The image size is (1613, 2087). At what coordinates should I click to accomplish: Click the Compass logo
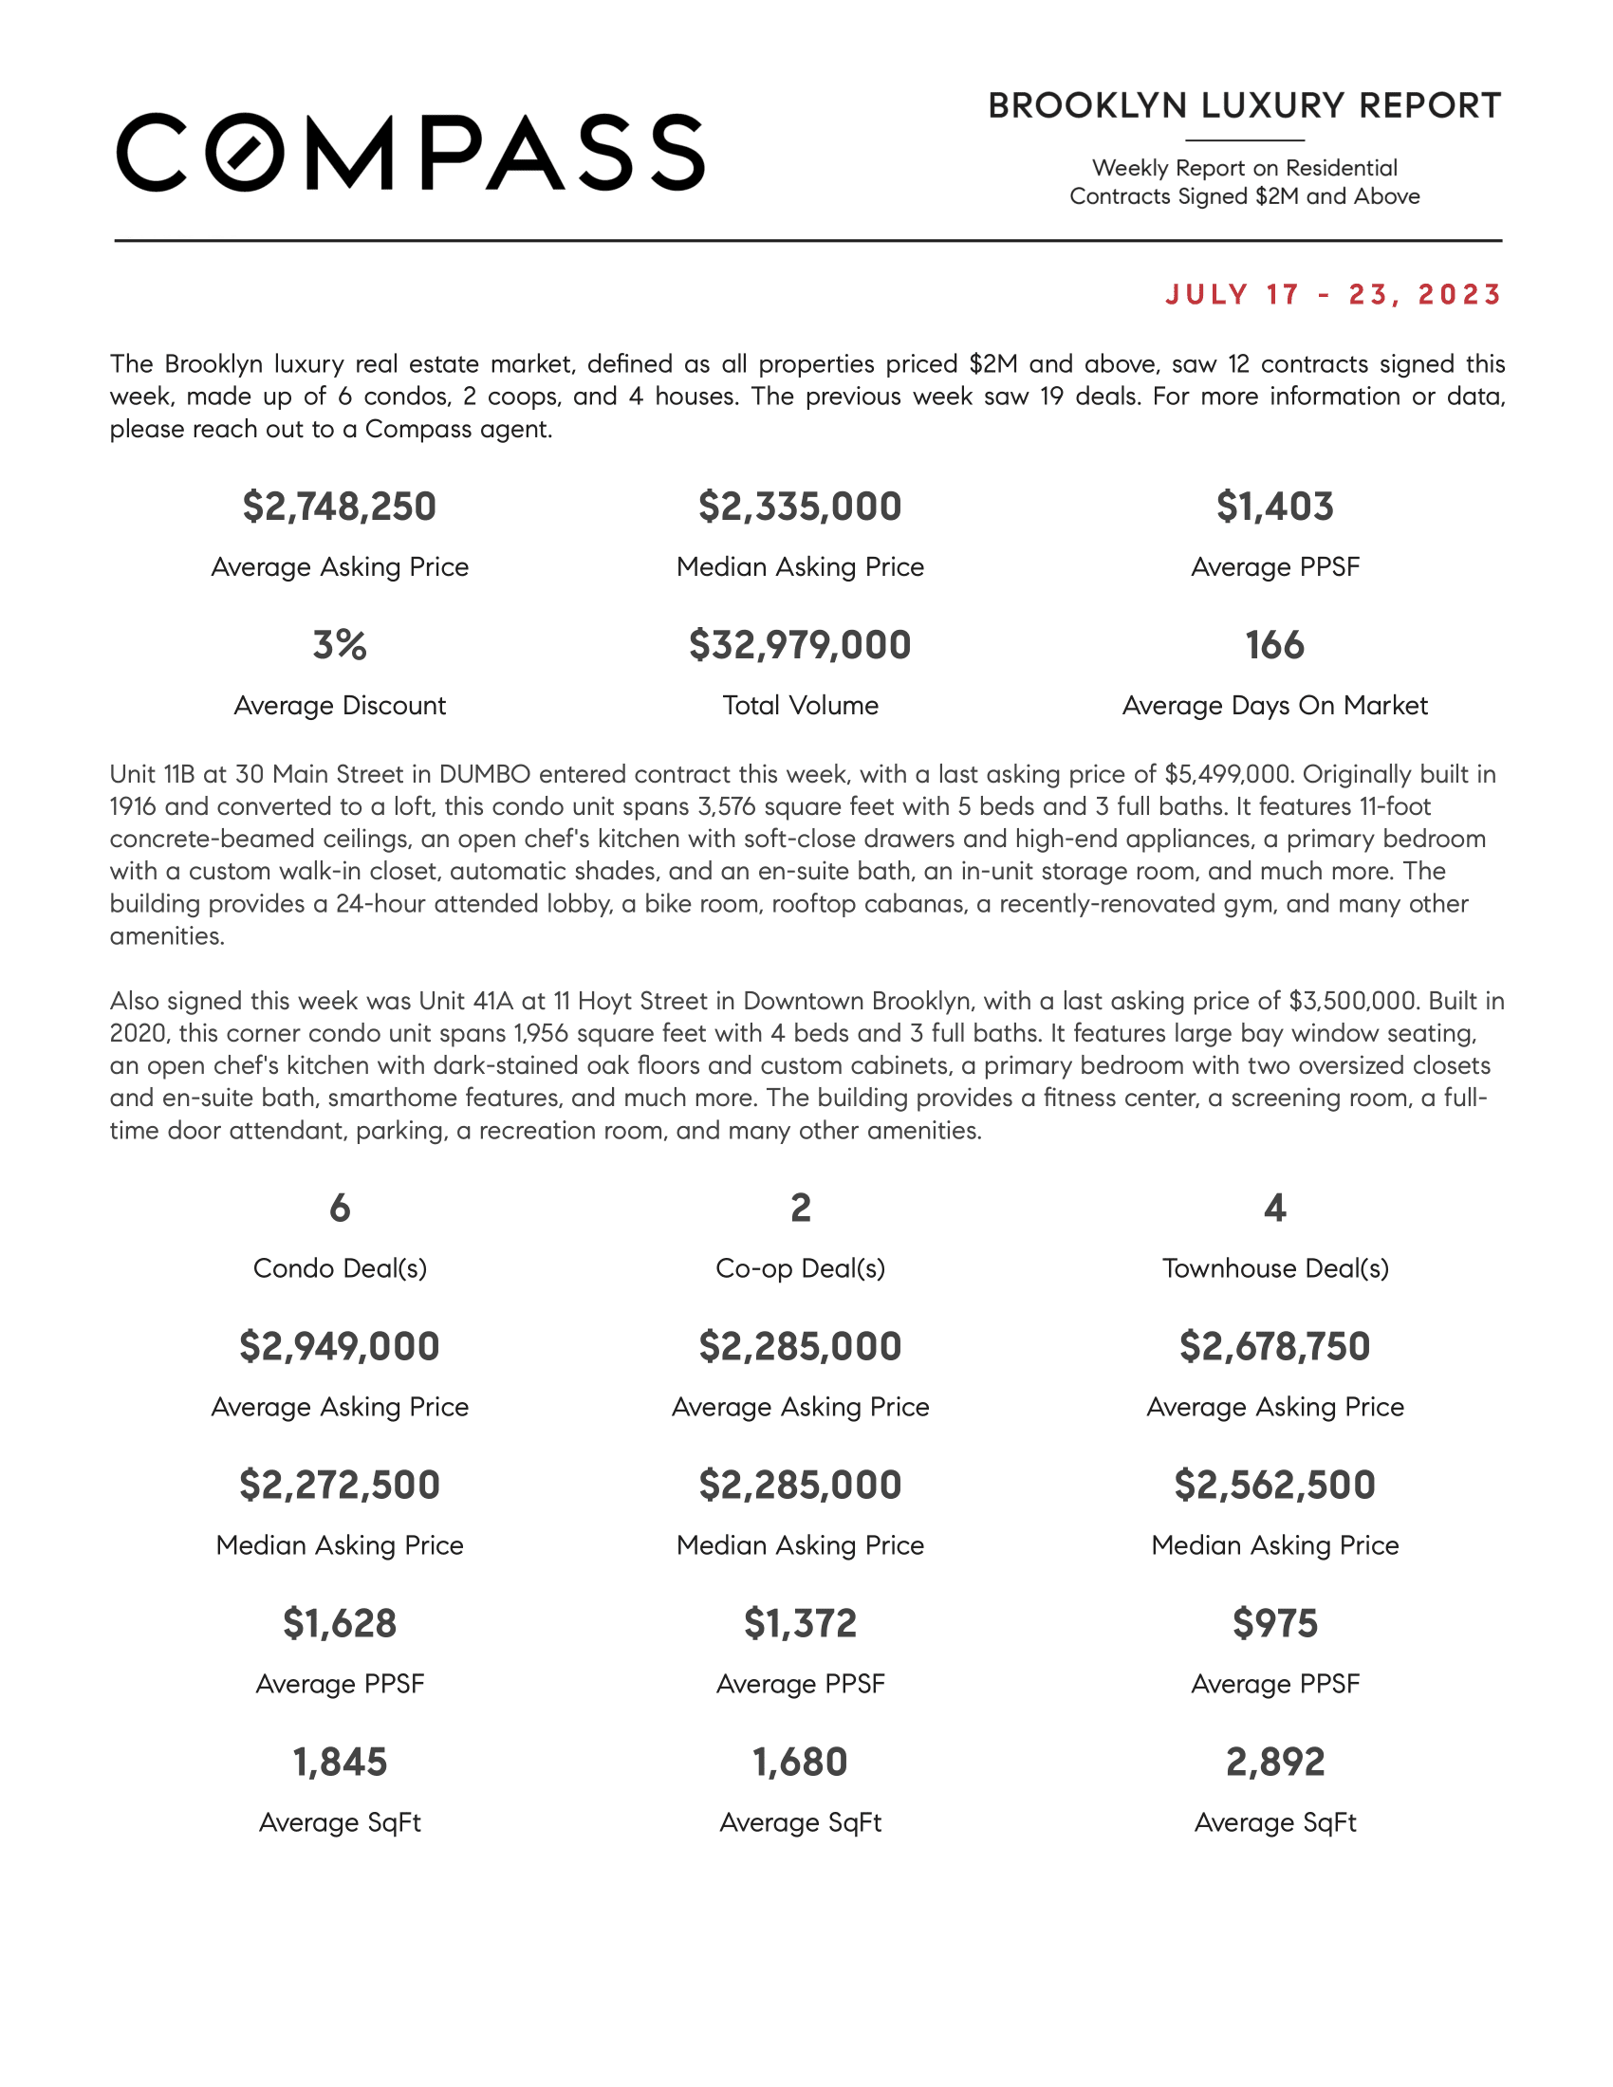pyautogui.click(x=410, y=153)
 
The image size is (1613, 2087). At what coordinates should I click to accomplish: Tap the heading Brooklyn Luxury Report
pyautogui.click(x=1244, y=106)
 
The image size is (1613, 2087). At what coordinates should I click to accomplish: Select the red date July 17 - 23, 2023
pyautogui.click(x=1334, y=294)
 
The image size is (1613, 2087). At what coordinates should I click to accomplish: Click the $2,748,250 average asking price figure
pyautogui.click(x=340, y=507)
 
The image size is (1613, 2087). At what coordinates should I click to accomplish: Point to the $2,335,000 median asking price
pyautogui.click(x=800, y=507)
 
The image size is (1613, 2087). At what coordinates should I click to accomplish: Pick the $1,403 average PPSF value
pyautogui.click(x=1274, y=507)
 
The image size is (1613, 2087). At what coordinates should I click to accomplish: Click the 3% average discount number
pyautogui.click(x=340, y=645)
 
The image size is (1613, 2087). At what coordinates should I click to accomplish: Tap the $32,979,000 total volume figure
pyautogui.click(x=800, y=645)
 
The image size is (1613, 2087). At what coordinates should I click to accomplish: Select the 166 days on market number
pyautogui.click(x=1274, y=645)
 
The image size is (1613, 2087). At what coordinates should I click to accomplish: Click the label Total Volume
pyautogui.click(x=800, y=705)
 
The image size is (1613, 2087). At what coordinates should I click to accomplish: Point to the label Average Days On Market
pyautogui.click(x=1274, y=705)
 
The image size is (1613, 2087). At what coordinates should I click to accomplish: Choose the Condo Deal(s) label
pyautogui.click(x=340, y=1268)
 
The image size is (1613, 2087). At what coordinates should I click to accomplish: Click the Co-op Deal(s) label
pyautogui.click(x=800, y=1268)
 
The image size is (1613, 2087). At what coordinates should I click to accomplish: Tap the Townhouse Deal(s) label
pyautogui.click(x=1274, y=1268)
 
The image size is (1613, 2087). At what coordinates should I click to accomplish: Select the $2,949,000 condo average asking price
pyautogui.click(x=340, y=1346)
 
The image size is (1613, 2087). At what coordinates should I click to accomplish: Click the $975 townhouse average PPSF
pyautogui.click(x=1274, y=1623)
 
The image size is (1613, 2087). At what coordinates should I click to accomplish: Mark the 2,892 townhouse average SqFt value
pyautogui.click(x=1274, y=1763)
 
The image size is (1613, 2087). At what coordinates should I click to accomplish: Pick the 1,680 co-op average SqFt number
pyautogui.click(x=800, y=1763)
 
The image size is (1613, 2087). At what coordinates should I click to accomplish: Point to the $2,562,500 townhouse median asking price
pyautogui.click(x=1274, y=1485)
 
